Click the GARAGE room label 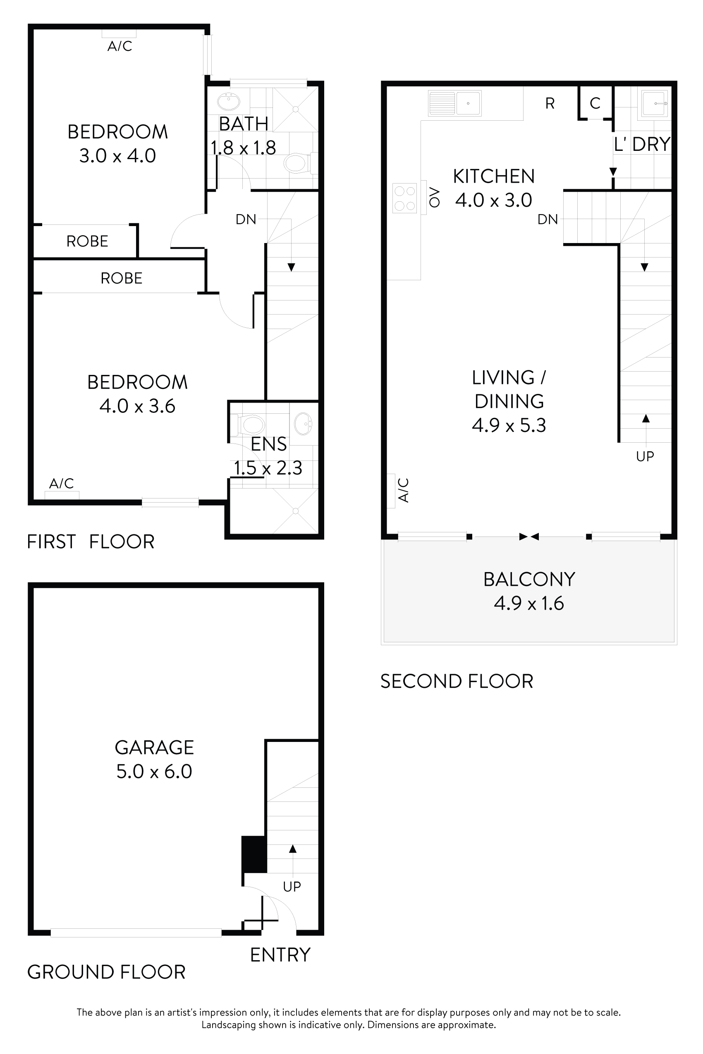154,747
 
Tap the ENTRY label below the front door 280,955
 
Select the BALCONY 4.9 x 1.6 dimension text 528,603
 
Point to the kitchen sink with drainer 454,103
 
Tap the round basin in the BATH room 229,102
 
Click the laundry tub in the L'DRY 655,103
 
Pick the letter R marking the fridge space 550,103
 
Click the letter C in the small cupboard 595,103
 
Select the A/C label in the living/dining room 404,490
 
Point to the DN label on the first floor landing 246,219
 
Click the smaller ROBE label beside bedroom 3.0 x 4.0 87,241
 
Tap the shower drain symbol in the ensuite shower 295,511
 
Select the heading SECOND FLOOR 457,681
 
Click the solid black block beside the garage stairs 254,854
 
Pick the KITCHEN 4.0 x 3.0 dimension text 494,200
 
